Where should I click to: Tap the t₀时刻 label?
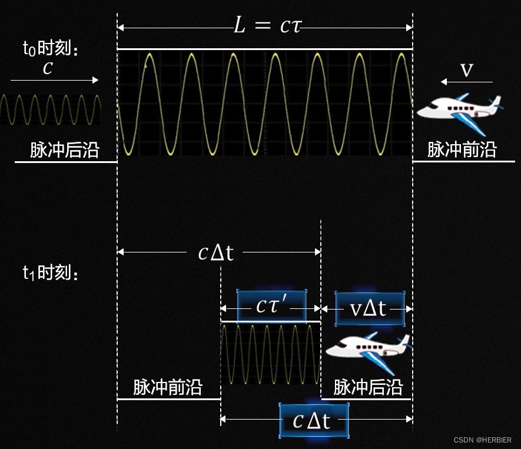(x=50, y=49)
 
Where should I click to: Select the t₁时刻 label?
(x=50, y=272)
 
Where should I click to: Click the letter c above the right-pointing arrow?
(x=48, y=68)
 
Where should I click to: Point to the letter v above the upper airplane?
(x=466, y=69)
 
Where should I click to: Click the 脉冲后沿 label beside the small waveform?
(x=65, y=150)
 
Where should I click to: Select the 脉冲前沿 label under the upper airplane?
(x=462, y=150)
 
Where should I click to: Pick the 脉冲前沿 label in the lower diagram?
(x=168, y=387)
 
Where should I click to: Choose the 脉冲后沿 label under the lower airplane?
(x=368, y=387)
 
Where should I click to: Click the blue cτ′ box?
(x=271, y=307)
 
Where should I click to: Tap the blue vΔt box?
(x=369, y=308)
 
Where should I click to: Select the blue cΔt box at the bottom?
(x=314, y=420)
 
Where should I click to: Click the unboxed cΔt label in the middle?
(x=215, y=252)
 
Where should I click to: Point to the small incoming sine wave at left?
(x=50, y=109)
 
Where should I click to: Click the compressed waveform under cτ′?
(x=271, y=354)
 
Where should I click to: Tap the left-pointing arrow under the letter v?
(x=467, y=82)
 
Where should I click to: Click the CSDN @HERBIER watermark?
(x=483, y=440)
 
